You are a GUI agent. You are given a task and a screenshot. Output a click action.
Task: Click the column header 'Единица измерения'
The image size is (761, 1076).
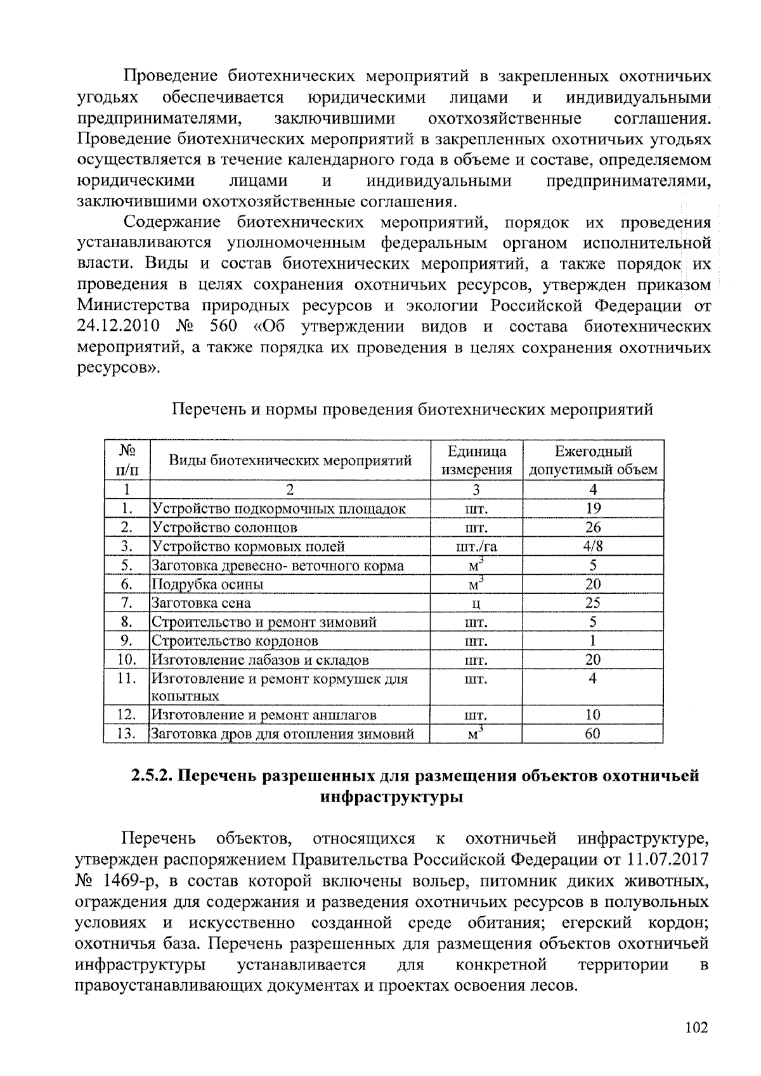[476, 461]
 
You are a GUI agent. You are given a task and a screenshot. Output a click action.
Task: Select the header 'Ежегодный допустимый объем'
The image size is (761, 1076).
[593, 461]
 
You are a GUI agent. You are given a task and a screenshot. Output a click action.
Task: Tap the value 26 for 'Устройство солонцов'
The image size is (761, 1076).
[593, 527]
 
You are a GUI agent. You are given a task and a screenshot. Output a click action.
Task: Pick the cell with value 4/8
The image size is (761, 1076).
[593, 546]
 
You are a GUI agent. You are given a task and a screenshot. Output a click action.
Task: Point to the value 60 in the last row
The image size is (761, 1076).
[593, 734]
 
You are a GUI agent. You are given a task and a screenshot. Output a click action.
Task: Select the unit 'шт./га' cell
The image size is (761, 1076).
[476, 546]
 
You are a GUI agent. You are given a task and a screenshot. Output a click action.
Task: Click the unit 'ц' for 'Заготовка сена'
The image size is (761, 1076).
[476, 603]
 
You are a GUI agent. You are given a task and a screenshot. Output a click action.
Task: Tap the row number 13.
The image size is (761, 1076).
[127, 734]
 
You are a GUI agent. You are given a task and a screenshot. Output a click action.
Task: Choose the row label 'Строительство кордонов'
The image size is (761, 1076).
[235, 641]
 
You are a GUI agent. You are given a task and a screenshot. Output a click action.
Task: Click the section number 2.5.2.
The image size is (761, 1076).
[152, 776]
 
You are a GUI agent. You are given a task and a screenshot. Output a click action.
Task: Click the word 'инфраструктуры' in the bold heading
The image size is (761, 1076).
[392, 797]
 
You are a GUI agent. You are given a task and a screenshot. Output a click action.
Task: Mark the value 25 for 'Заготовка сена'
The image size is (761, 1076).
[593, 603]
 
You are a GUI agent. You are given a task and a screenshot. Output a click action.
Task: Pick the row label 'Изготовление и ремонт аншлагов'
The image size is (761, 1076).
[264, 715]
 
